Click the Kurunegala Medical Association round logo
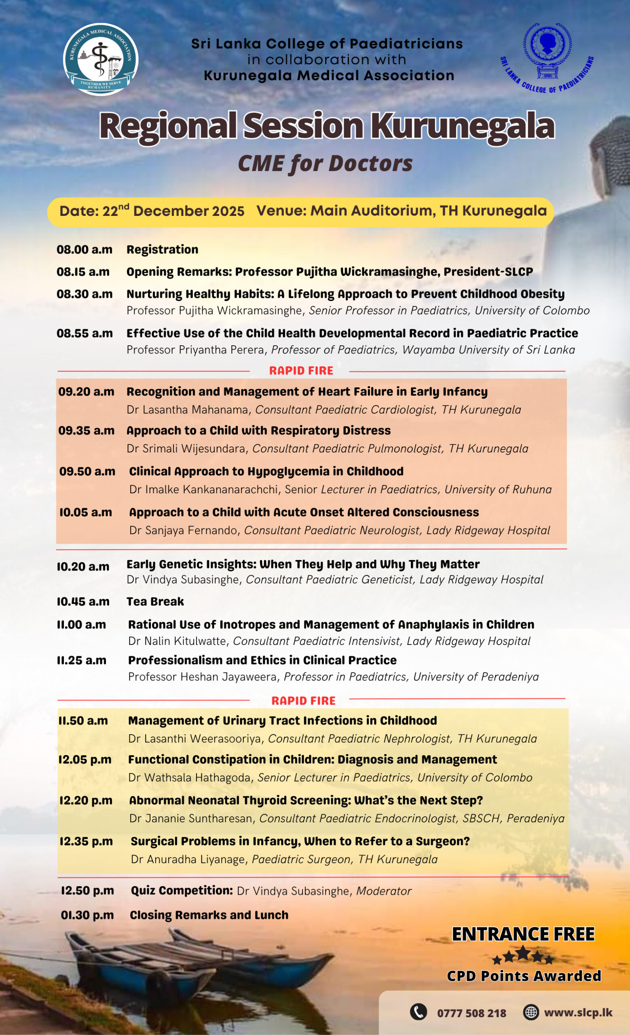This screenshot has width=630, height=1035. (100, 59)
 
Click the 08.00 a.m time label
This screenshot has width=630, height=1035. (85, 249)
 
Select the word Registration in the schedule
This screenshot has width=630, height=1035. (162, 249)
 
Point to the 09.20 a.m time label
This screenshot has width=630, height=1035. (86, 391)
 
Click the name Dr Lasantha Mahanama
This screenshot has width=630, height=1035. (187, 410)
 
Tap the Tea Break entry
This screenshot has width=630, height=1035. (155, 602)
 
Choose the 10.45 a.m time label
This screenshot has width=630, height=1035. (83, 602)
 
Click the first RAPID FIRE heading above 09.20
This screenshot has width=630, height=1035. (301, 370)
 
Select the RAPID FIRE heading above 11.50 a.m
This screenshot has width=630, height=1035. (303, 701)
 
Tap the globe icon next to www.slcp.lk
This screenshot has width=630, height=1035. (531, 1012)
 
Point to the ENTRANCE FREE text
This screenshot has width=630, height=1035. (523, 934)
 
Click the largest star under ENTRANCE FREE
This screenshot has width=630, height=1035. (523, 953)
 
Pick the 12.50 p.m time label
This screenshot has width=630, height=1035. (87, 891)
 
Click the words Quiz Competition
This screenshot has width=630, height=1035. (182, 891)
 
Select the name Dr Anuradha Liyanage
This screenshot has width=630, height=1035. (188, 860)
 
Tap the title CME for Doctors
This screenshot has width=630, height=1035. (325, 163)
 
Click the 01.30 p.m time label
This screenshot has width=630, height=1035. (87, 915)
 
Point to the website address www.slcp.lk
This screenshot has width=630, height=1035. (578, 1012)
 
